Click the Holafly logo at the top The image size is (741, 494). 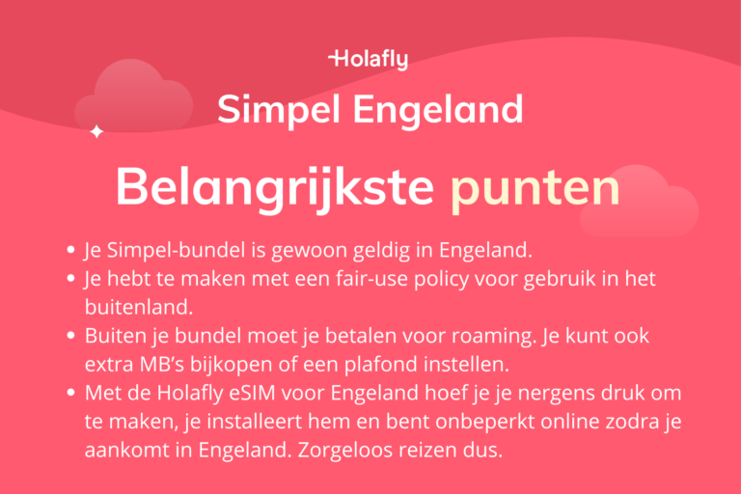pos(369,60)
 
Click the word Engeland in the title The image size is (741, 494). pos(438,109)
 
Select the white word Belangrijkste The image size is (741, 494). pos(275,189)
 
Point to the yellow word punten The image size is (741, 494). pos(535,189)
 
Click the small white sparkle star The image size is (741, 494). pos(96,131)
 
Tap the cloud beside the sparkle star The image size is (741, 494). pos(135,96)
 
